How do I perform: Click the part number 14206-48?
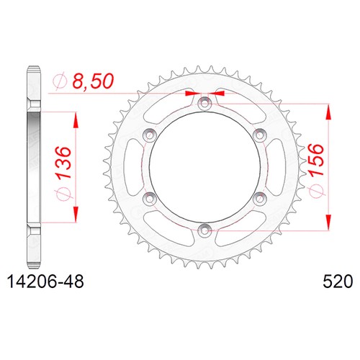pyautogui.click(x=46, y=282)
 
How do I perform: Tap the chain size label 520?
pyautogui.click(x=338, y=282)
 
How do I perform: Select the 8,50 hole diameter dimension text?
pyautogui.click(x=93, y=81)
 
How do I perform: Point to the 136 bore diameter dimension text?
pyautogui.click(x=64, y=163)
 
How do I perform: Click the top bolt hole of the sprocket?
pyautogui.click(x=204, y=104)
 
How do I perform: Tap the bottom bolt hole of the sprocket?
pyautogui.click(x=204, y=231)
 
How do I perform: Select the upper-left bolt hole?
pyautogui.click(x=149, y=135)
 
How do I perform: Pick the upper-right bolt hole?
pyautogui.click(x=259, y=135)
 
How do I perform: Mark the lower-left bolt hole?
pyautogui.click(x=149, y=199)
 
